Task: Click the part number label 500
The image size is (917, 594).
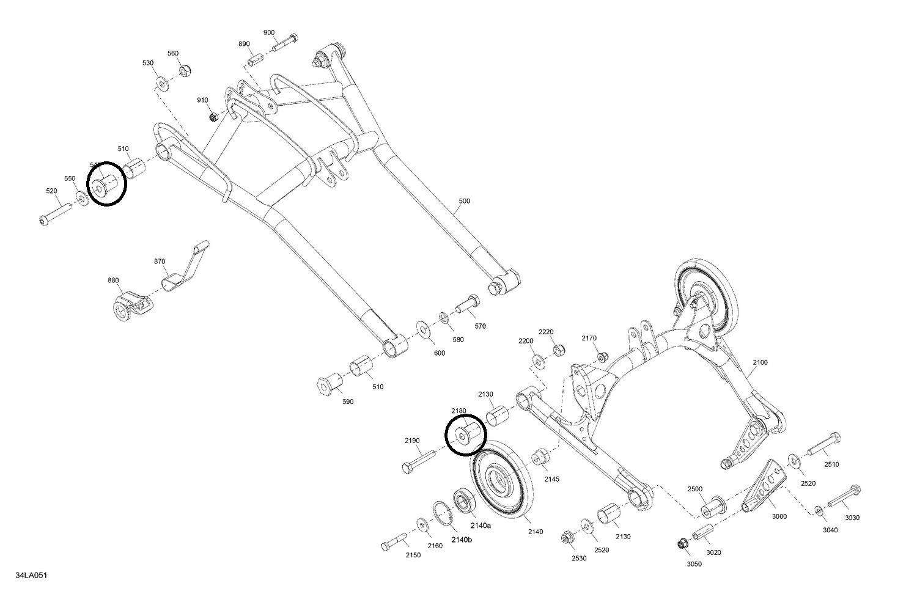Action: pyautogui.click(x=465, y=201)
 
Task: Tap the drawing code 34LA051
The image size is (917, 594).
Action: pyautogui.click(x=32, y=576)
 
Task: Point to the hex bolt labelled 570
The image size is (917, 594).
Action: pyautogui.click(x=468, y=303)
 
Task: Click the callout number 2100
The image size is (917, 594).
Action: pyautogui.click(x=760, y=362)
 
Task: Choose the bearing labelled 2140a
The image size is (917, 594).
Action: pyautogui.click(x=465, y=501)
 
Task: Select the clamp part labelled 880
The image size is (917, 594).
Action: pyautogui.click(x=130, y=305)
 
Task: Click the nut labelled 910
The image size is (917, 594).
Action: pyautogui.click(x=213, y=116)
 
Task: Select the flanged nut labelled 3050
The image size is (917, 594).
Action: pyautogui.click(x=682, y=543)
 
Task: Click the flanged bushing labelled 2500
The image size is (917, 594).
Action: pyautogui.click(x=712, y=508)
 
